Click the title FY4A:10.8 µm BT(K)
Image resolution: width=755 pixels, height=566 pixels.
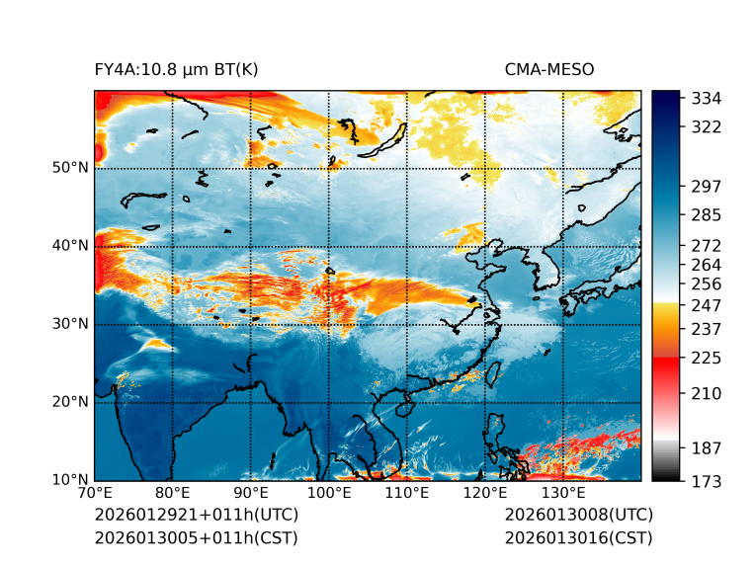point(176,69)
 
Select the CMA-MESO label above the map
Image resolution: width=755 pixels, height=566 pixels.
point(548,69)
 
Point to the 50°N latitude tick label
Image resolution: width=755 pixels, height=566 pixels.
point(70,168)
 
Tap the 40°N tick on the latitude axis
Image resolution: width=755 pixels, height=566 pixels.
point(70,246)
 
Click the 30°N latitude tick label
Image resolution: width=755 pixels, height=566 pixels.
point(70,324)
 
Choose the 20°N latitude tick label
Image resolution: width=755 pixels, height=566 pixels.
point(70,402)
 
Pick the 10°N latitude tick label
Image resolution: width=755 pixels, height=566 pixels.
point(70,480)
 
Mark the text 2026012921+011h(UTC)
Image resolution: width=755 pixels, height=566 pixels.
point(196,516)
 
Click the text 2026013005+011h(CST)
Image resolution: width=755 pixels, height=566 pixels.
point(196,537)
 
